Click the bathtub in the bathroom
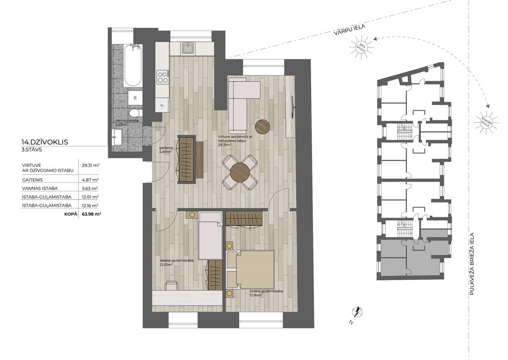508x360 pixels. pos(133,65)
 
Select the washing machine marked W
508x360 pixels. pos(135,98)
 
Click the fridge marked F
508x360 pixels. pos(162,105)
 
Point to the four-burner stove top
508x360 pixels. pos(163,77)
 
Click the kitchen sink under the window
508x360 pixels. pos(188,49)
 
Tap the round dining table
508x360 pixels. pos(240,172)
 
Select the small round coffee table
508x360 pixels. pos(262,127)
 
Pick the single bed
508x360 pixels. pos(210,235)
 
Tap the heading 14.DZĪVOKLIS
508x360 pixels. pos(45,142)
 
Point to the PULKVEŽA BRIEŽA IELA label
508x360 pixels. pos(472,264)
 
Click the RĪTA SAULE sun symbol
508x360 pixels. pos(361,47)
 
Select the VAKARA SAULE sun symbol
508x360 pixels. pos(486,122)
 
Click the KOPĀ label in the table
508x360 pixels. pos(71,214)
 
